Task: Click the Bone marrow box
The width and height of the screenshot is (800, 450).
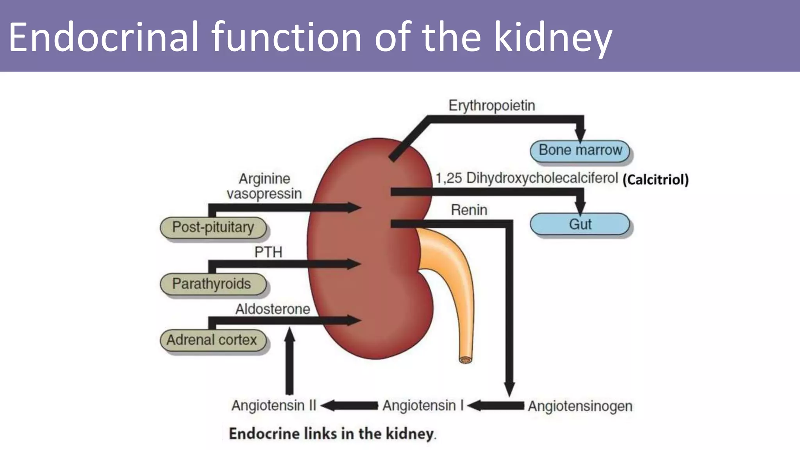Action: pyautogui.click(x=580, y=151)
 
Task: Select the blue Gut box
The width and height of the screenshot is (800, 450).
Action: pyautogui.click(x=580, y=224)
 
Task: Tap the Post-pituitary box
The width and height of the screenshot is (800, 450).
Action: pyautogui.click(x=213, y=227)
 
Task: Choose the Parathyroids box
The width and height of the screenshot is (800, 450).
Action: pyautogui.click(x=213, y=284)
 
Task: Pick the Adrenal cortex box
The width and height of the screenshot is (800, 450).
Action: pyautogui.click(x=213, y=340)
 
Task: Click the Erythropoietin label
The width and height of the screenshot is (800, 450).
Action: pyautogui.click(x=491, y=105)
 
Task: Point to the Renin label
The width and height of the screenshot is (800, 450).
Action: pyautogui.click(x=469, y=210)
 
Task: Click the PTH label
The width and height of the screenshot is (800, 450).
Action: pyautogui.click(x=268, y=252)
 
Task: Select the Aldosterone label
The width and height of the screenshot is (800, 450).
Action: pyautogui.click(x=272, y=309)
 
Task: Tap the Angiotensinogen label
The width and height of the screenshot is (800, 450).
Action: pyautogui.click(x=580, y=406)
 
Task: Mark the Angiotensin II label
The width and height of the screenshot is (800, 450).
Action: pyautogui.click(x=273, y=405)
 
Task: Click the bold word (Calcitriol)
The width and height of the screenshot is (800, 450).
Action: pyautogui.click(x=655, y=180)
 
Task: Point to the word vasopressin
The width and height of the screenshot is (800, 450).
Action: pyautogui.click(x=264, y=194)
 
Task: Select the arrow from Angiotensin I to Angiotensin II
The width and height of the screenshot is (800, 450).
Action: pyautogui.click(x=349, y=405)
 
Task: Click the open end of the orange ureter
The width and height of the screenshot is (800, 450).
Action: pyautogui.click(x=465, y=359)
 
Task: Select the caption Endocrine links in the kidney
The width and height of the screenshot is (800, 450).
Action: pyautogui.click(x=332, y=434)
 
